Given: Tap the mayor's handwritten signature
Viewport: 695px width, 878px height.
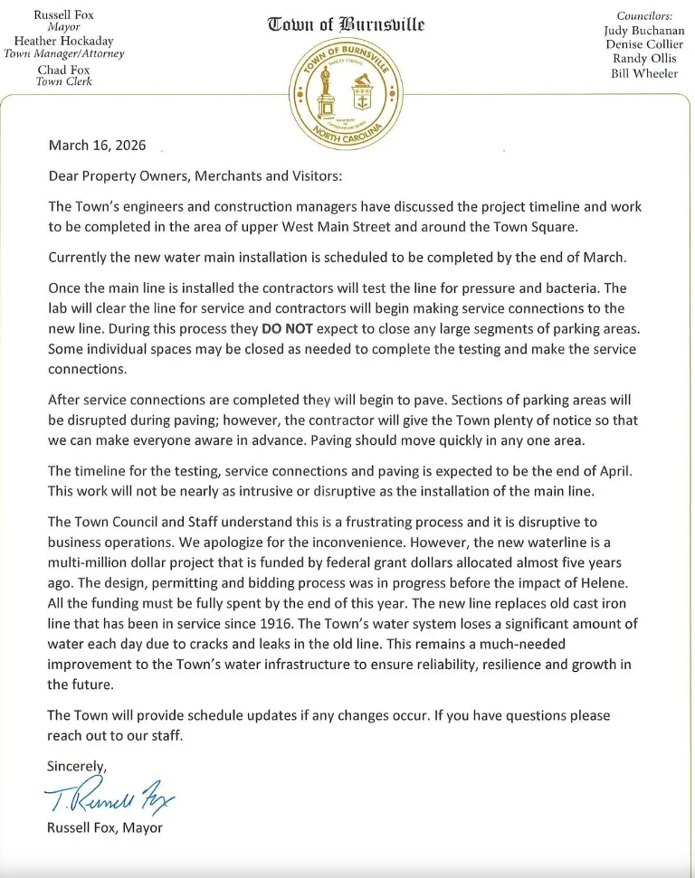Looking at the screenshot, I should click(109, 797).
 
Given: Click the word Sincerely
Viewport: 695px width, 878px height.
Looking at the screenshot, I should click(77, 766).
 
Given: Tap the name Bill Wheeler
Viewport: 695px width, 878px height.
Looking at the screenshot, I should click(643, 74).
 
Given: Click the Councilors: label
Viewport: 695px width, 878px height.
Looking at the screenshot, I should click(644, 16).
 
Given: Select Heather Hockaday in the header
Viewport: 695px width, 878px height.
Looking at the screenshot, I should click(63, 42).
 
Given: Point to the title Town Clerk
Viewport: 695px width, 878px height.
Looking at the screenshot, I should click(63, 81).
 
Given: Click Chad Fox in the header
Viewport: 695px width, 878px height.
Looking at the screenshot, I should click(63, 70).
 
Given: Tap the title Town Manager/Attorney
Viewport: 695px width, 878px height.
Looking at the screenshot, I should click(63, 53).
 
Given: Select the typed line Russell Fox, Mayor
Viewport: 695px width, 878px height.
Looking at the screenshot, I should click(105, 826).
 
